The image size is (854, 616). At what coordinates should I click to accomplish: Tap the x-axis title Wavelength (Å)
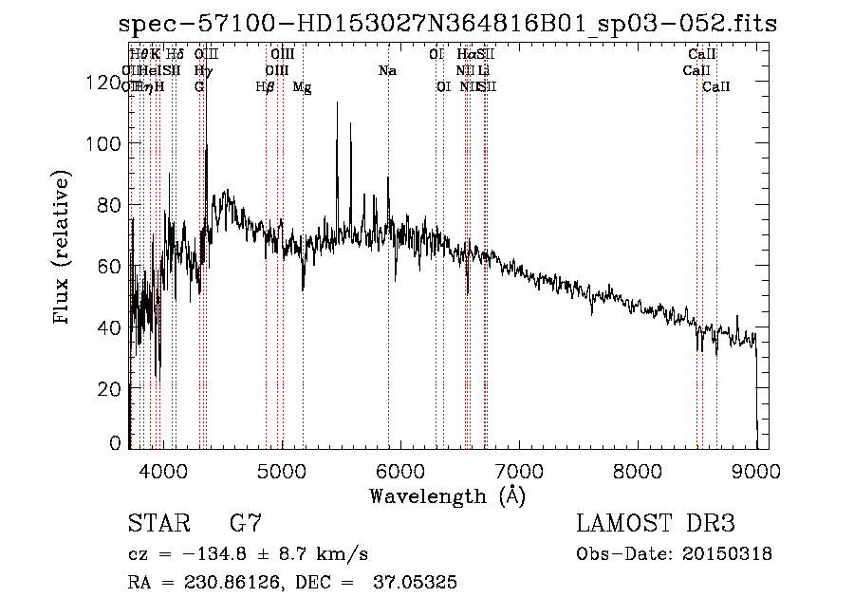[447, 495]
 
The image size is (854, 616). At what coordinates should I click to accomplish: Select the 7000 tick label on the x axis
[519, 470]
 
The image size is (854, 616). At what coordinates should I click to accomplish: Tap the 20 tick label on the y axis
[108, 388]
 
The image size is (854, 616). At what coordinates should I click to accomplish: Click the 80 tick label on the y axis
[108, 205]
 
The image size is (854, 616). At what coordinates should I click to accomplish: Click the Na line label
[387, 71]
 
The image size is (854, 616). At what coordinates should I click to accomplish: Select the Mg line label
[302, 87]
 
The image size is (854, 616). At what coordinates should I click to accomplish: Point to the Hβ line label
[266, 87]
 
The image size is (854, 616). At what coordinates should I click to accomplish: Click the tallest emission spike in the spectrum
[336, 103]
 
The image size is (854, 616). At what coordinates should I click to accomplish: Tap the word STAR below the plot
[158, 523]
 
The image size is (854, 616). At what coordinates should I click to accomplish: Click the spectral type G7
[246, 523]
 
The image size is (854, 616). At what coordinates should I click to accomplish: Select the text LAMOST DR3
[656, 523]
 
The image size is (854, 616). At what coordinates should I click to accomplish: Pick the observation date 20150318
[725, 553]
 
